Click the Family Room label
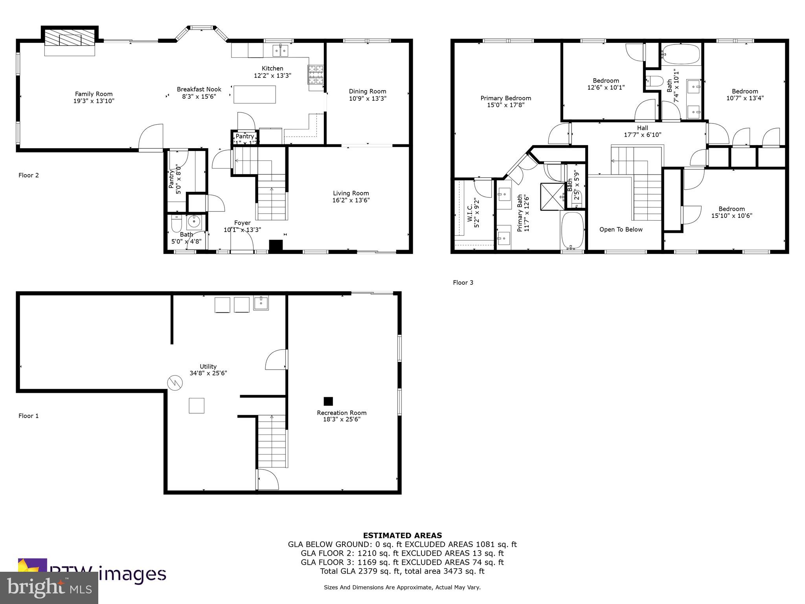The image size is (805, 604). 94,94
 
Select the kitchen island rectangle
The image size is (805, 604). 254,94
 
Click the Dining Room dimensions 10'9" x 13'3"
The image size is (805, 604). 368,98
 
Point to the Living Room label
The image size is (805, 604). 351,193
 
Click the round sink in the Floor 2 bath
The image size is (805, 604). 194,222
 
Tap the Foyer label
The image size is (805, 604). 242,223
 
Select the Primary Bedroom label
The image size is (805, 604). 505,98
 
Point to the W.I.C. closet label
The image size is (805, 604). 470,216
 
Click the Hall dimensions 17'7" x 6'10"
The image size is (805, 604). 642,135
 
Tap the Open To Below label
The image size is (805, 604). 621,230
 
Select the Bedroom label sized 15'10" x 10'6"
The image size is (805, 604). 731,209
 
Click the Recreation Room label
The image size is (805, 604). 342,413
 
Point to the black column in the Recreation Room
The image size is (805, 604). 328,401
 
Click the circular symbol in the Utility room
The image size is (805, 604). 175,383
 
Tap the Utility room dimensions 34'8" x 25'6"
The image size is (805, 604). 208,373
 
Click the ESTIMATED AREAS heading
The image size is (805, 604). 402,535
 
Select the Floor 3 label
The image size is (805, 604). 463,282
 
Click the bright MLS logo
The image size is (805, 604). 49,587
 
